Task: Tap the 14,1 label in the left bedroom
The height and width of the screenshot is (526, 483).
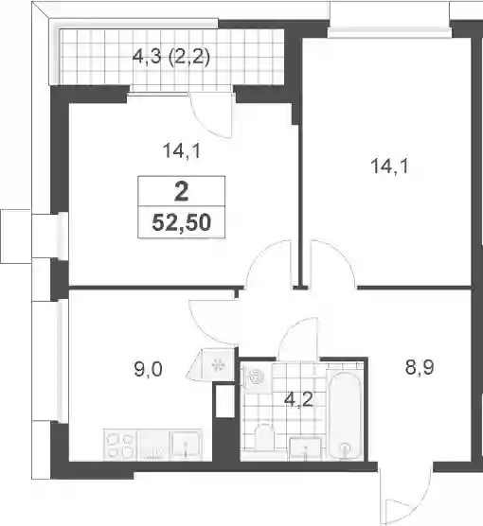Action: (182, 150)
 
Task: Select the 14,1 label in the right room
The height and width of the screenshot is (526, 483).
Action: (389, 167)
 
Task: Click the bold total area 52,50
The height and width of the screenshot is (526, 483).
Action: (182, 222)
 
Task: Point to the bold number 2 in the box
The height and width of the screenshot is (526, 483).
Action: (182, 191)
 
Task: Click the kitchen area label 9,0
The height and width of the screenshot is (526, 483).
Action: (148, 369)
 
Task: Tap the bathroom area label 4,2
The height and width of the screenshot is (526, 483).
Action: (298, 399)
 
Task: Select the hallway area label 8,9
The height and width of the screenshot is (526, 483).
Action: (420, 367)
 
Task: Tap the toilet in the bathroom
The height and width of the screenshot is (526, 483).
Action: (264, 436)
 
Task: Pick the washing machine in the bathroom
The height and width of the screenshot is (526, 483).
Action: (257, 378)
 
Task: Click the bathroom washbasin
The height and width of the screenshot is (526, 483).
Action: (305, 448)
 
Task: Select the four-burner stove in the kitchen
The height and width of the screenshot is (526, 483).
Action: (119, 445)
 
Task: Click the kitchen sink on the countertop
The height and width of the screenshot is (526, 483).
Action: (186, 445)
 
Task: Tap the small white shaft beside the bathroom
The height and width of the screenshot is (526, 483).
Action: (224, 401)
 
